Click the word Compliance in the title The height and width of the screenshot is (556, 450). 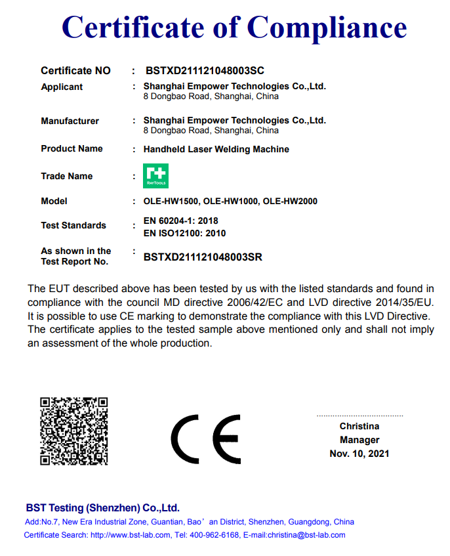coord(326,27)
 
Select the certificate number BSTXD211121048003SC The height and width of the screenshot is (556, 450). coord(204,71)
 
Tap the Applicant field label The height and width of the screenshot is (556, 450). coord(62,87)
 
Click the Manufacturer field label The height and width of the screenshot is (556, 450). coord(70,121)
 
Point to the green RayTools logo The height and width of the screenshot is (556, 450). coord(156,176)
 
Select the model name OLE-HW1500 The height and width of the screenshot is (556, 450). coord(170,202)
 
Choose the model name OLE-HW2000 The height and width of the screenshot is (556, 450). coord(290,202)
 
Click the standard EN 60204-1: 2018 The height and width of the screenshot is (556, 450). coord(180,221)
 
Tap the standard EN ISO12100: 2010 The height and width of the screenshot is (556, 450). coord(184,233)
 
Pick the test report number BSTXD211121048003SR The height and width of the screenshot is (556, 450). coord(203,257)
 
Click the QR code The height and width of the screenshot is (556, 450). coord(73,431)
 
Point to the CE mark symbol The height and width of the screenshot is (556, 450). coord(206,439)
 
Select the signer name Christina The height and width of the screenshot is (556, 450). coord(359,427)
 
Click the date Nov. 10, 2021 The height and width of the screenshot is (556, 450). coord(359,454)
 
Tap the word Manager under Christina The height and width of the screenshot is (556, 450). coord(359,440)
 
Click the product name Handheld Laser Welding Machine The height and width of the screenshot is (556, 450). coord(216,149)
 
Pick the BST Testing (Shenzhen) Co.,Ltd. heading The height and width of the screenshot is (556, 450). coord(102,508)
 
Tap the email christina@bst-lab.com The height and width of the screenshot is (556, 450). coord(306,535)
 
